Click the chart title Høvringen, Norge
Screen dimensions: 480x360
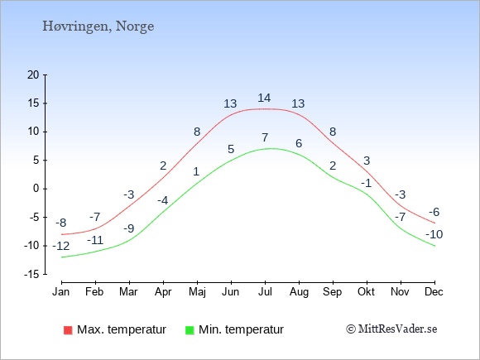coord(98,26)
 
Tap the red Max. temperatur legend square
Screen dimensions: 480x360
coord(68,330)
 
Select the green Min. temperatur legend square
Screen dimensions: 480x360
coord(190,330)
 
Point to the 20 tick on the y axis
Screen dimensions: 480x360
coord(33,74)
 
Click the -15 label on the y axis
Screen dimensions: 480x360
coord(31,274)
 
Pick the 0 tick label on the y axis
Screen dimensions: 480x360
coord(36,189)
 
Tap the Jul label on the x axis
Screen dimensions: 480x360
coord(265,292)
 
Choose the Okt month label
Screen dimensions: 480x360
coord(366,292)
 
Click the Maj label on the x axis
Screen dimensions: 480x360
coord(197,292)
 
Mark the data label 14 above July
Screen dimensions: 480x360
coord(264,98)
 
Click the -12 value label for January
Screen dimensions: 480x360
coord(61,246)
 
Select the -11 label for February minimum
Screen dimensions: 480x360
coord(95,240)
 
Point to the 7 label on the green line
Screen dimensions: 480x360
coord(265,137)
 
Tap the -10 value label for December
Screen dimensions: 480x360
coord(434,234)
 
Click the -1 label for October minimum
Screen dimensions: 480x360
coord(366,184)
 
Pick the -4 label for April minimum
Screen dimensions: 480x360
coord(162,200)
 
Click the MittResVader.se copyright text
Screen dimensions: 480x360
coord(391,329)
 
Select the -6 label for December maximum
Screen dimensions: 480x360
coord(434,212)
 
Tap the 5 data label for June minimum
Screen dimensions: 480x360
coord(231,149)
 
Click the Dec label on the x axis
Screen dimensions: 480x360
coord(434,292)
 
